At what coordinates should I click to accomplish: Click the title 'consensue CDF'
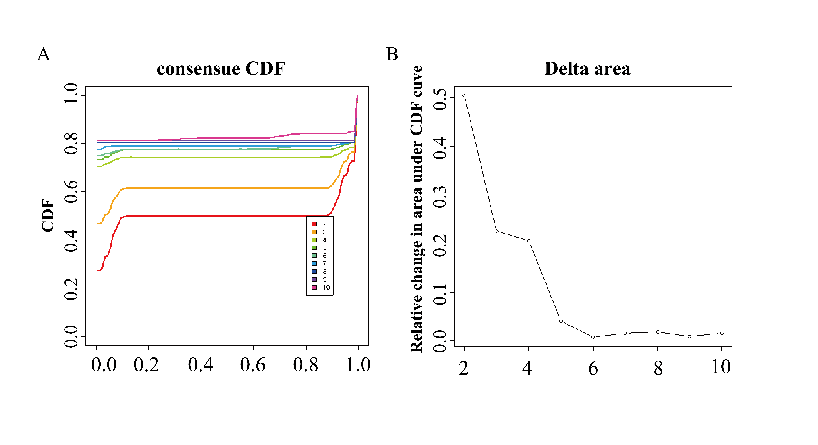click(221, 69)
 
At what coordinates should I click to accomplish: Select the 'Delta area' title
click(588, 69)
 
